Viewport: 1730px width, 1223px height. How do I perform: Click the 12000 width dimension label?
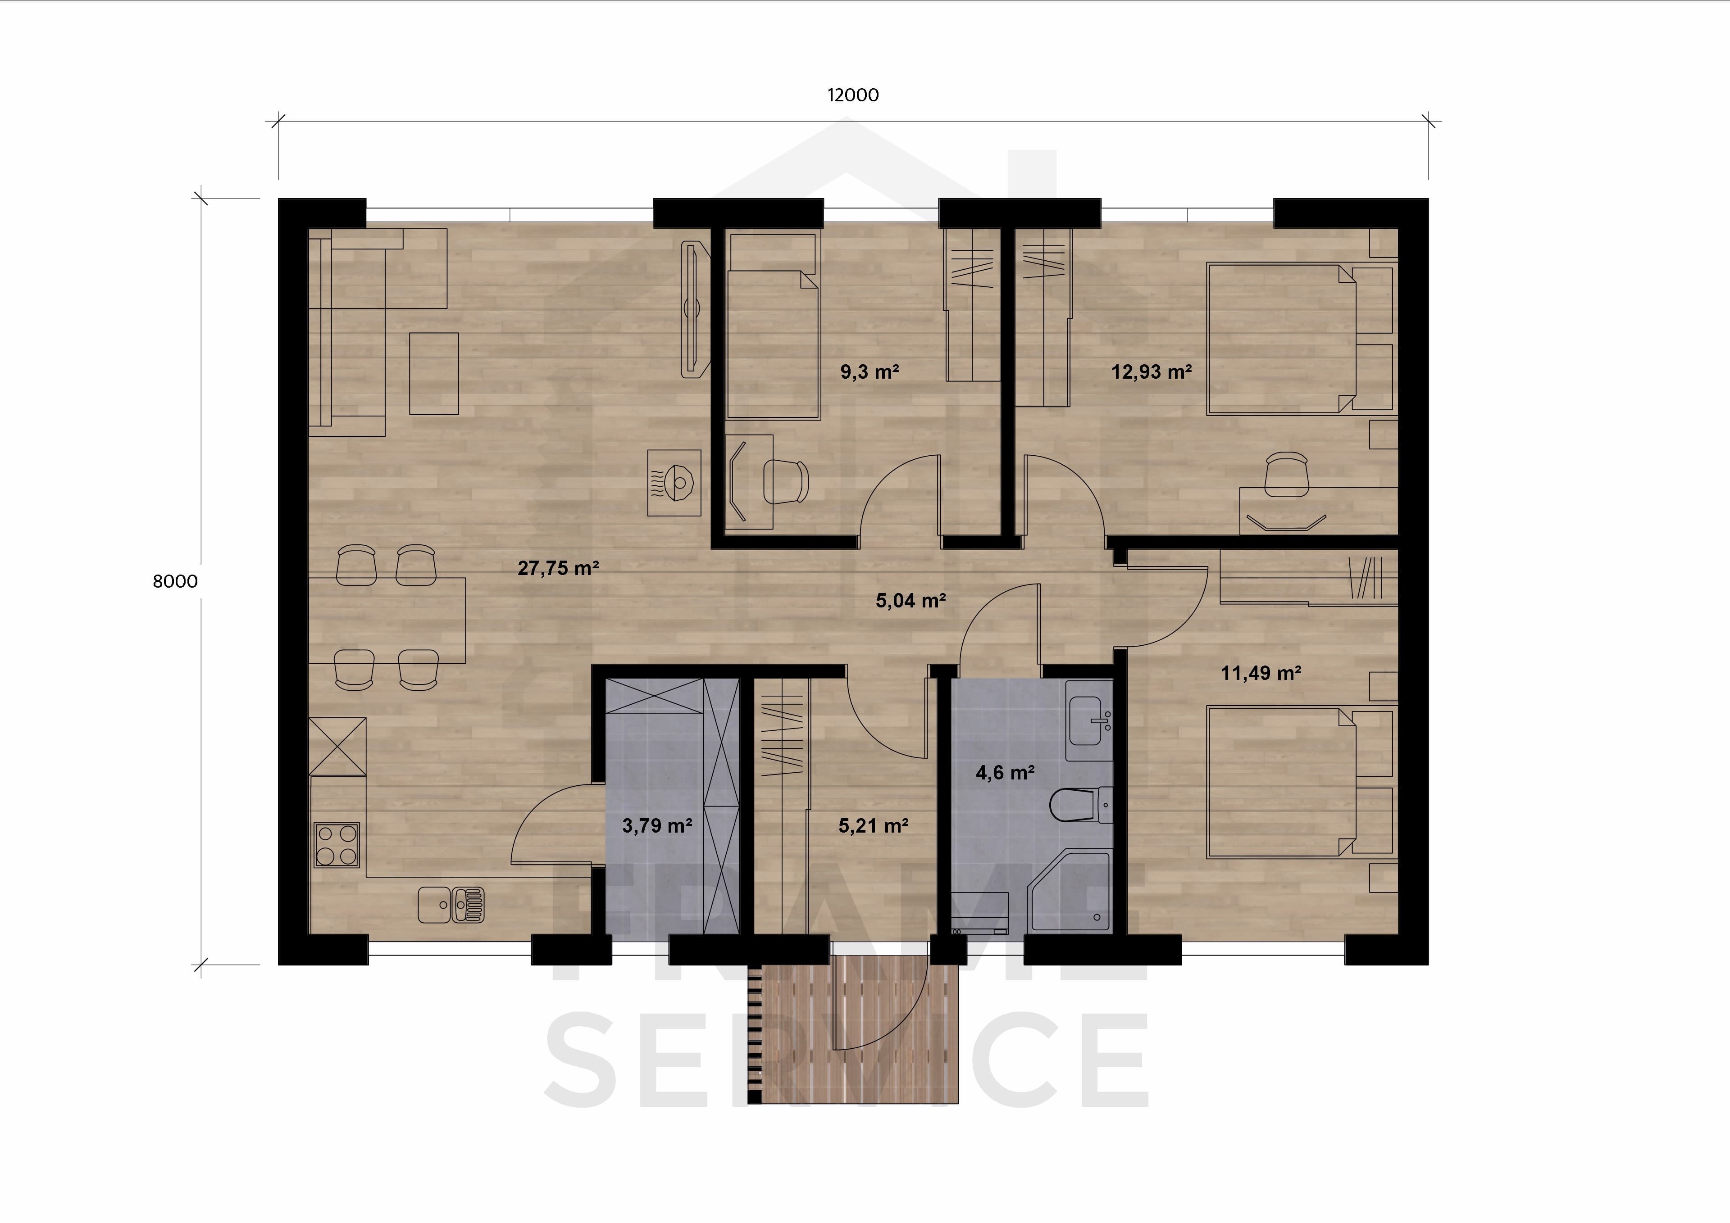click(853, 95)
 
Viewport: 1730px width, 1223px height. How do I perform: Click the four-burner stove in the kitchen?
click(336, 845)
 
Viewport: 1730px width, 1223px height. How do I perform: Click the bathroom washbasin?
click(1089, 720)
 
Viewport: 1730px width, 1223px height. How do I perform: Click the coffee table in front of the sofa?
click(434, 374)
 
